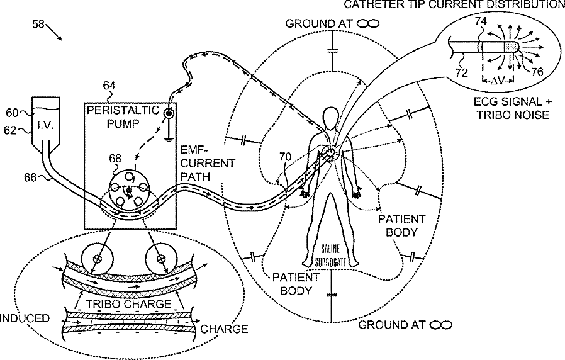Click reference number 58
(38, 26)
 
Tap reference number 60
(13, 113)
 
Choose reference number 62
(13, 132)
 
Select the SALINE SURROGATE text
(330, 255)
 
